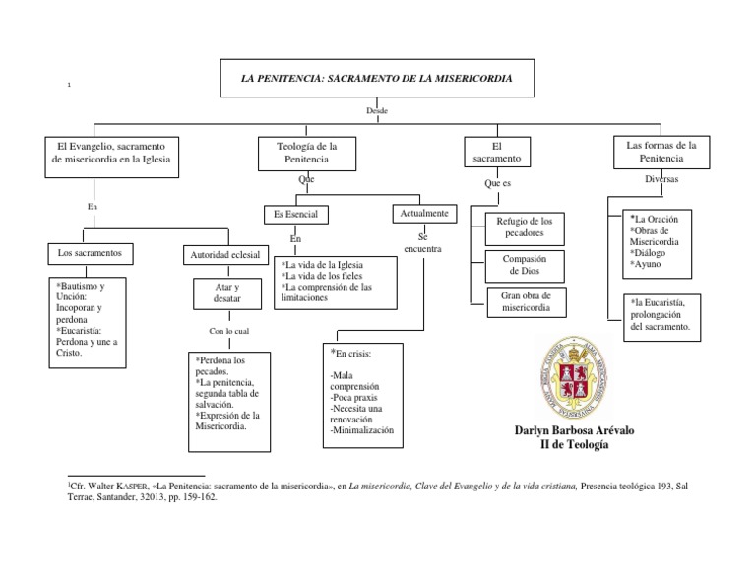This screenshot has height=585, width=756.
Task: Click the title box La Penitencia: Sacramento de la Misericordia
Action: pyautogui.click(x=376, y=78)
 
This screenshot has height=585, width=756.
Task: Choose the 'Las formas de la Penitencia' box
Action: pyautogui.click(x=661, y=152)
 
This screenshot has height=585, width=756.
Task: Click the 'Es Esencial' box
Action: pyautogui.click(x=295, y=214)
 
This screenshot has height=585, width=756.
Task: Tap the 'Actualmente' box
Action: pyautogui.click(x=424, y=213)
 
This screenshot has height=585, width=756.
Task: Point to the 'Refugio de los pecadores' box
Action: pyautogui.click(x=525, y=227)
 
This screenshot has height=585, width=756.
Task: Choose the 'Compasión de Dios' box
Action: pyautogui.click(x=525, y=265)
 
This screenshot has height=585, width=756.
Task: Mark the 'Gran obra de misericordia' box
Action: pyautogui.click(x=525, y=302)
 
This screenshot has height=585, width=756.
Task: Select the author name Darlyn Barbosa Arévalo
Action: pyautogui.click(x=574, y=431)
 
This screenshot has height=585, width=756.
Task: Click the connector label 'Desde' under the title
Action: pyautogui.click(x=377, y=111)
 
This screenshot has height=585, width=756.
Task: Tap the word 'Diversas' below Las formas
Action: pyautogui.click(x=661, y=180)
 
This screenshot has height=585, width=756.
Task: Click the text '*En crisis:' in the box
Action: pyautogui.click(x=351, y=353)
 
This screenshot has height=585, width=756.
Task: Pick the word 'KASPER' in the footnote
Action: pyautogui.click(x=133, y=487)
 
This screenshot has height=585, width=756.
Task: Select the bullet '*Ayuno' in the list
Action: pyautogui.click(x=647, y=265)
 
